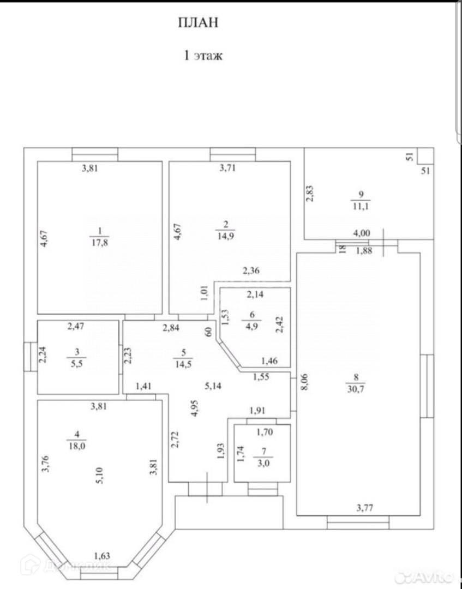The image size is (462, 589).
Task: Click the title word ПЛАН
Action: click(198, 22)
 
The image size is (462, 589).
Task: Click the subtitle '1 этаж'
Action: click(202, 55)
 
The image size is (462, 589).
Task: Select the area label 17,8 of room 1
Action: click(99, 243)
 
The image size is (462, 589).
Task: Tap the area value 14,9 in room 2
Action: click(226, 236)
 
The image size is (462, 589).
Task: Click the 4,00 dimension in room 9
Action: click(362, 233)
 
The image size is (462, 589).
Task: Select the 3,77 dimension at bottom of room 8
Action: click(365, 508)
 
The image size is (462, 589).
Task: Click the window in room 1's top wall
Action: click(94, 154)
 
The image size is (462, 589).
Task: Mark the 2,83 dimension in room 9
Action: click(310, 194)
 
